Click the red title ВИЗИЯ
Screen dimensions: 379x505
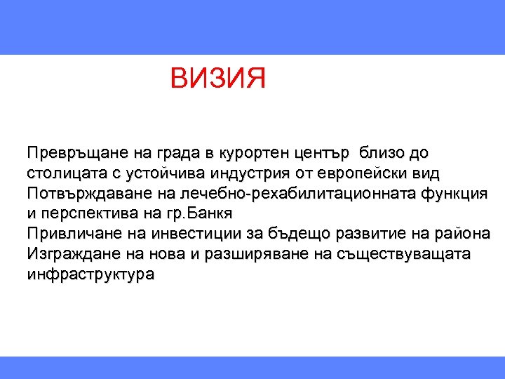tap(217, 79)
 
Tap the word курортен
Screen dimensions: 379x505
tap(252, 152)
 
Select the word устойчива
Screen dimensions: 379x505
tap(161, 173)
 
